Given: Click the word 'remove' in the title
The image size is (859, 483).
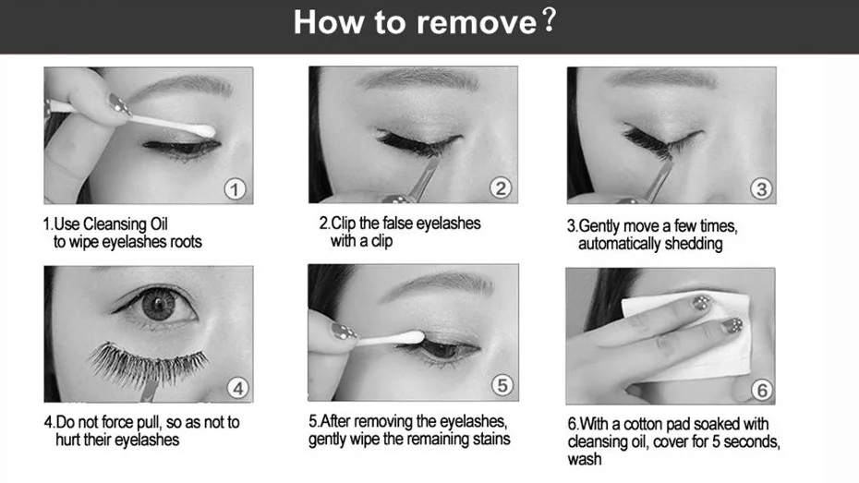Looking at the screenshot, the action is [x=477, y=23].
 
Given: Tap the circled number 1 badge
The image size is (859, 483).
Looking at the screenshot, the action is [x=235, y=189].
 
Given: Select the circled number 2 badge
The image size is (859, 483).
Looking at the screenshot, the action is [x=501, y=187].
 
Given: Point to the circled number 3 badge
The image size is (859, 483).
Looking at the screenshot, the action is [x=761, y=189].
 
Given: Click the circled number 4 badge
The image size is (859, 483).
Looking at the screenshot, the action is [x=237, y=388].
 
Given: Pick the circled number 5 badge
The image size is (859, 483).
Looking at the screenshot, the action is [x=502, y=385].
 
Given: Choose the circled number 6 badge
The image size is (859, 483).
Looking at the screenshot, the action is [x=761, y=390].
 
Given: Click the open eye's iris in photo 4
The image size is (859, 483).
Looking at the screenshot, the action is [x=158, y=305].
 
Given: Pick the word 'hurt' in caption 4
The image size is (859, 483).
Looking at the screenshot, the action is [x=68, y=440].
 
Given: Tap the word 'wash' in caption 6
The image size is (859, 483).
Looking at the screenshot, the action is [x=585, y=459].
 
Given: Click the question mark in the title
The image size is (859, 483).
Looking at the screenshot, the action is [x=549, y=21].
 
